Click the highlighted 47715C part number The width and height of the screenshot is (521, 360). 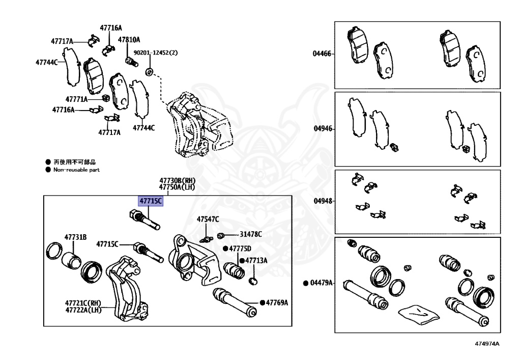coord(151,201)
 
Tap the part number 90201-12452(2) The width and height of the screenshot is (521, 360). coord(156,52)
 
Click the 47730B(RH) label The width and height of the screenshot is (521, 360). coord(177,181)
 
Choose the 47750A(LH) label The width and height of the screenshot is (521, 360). coord(177,187)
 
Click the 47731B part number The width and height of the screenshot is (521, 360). coord(75,237)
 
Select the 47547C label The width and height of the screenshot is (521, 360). coord(208,219)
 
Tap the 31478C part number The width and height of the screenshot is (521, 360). coord(251,234)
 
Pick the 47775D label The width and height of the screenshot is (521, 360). coord(240,248)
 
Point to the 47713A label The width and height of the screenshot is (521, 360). coord(256,260)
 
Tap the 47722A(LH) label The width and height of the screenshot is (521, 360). coord(83,310)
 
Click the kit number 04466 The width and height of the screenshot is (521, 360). coord(322,53)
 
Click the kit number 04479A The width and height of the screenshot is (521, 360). coord(321,283)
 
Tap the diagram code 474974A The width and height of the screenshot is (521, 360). coord(487,344)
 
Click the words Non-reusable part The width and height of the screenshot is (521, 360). coord(76,170)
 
